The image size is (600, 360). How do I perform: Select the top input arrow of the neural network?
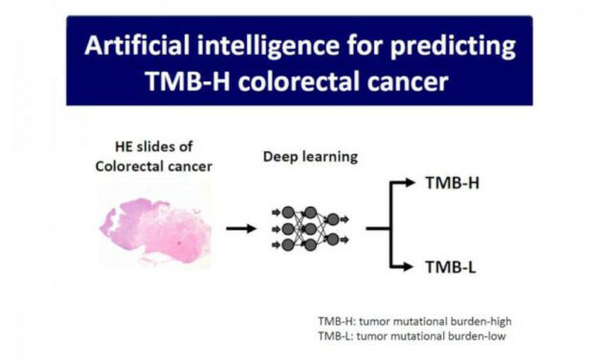277,212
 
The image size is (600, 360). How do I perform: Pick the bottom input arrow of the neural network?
277,245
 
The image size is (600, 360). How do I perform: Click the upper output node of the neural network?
332,218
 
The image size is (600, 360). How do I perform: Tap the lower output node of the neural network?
332,238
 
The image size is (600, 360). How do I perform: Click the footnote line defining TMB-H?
414,321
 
